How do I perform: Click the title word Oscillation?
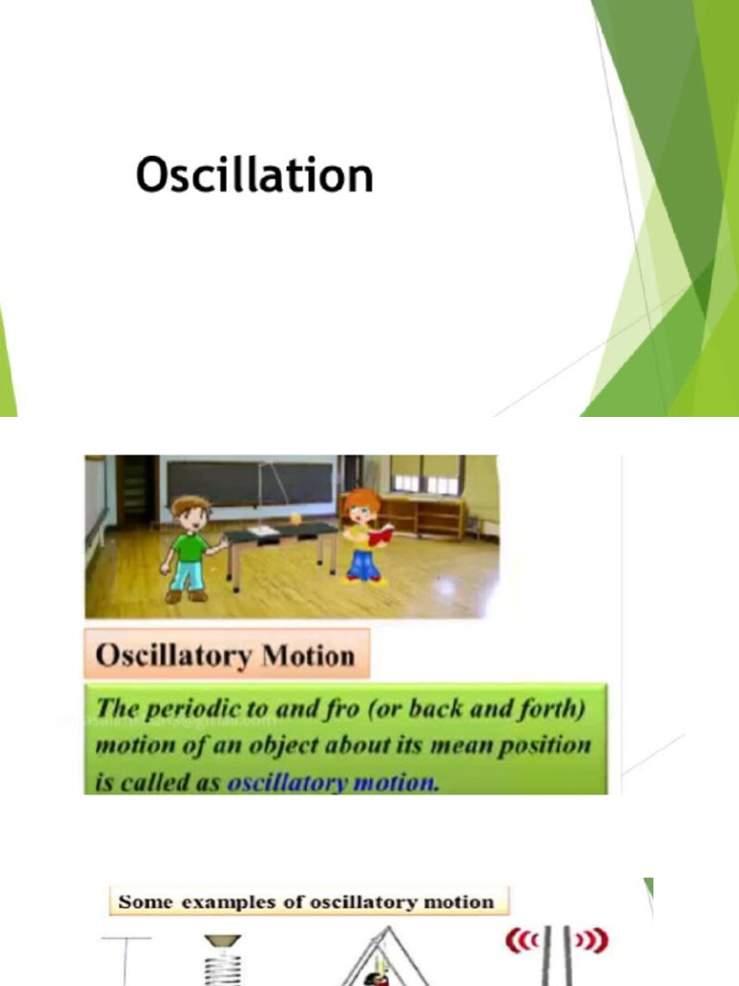coord(254,176)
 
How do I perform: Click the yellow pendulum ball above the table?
coord(295,518)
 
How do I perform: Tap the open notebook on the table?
coord(262,530)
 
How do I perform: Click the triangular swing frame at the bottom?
coord(382,963)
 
